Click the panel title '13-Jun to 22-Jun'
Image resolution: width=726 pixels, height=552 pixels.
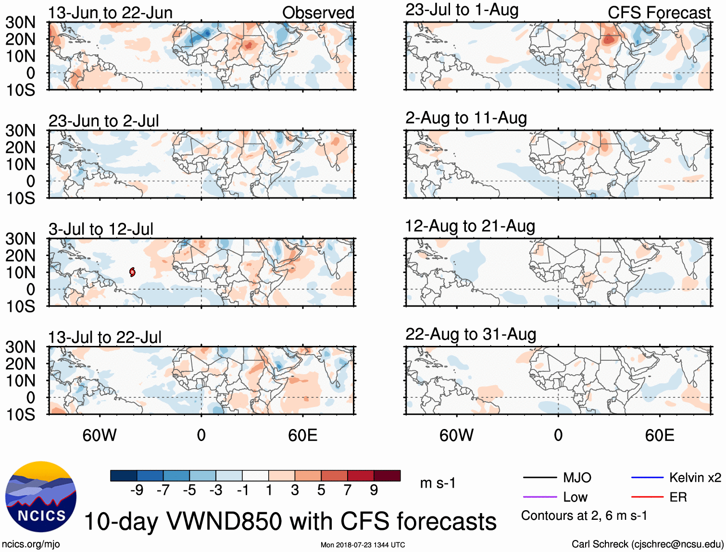pos(110,12)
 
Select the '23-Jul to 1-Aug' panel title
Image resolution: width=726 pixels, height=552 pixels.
pos(462,10)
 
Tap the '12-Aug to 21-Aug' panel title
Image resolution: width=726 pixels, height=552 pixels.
pos(470,226)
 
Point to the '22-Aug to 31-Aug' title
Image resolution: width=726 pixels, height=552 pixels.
pos(470,334)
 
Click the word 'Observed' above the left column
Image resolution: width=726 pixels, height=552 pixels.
pos(318,12)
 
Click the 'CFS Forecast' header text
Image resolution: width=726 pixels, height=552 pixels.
pos(659,12)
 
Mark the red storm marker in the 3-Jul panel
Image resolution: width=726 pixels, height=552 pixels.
pos(132,272)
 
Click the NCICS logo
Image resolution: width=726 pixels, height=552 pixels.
pos(41,497)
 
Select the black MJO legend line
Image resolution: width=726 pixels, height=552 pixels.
pos(539,478)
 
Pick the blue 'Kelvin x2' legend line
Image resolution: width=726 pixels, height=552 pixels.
pos(647,478)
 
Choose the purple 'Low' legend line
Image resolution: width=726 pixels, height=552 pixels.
pos(539,497)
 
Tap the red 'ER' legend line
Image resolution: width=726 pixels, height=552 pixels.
pos(647,497)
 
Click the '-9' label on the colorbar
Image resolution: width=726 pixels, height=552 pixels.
pos(137,490)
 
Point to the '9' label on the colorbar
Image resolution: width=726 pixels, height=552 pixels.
pos(374,490)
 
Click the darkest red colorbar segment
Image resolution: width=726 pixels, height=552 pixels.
pos(387,476)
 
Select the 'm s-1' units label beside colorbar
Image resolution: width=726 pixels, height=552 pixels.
pos(438,483)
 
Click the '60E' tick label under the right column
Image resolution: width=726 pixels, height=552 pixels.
pos(659,435)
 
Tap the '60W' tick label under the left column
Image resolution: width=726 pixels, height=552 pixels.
pos(100,435)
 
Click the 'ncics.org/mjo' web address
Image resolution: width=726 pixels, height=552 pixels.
pos(31,544)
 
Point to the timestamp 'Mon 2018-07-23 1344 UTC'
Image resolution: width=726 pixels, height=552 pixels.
pos(363,545)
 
